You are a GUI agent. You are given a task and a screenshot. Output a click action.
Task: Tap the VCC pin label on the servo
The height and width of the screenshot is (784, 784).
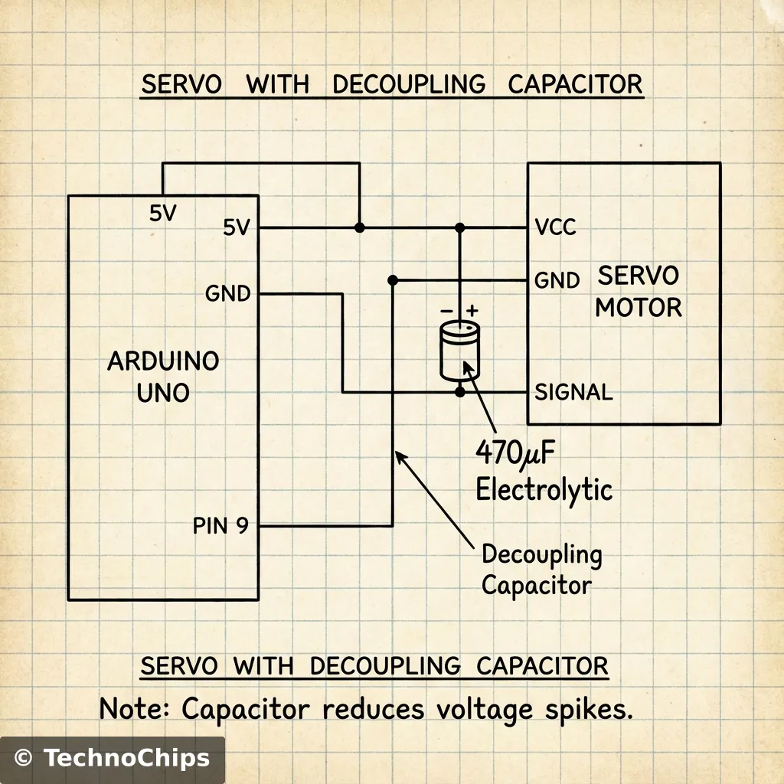click(556, 227)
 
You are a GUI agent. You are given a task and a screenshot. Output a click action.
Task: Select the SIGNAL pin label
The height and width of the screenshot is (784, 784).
click(573, 393)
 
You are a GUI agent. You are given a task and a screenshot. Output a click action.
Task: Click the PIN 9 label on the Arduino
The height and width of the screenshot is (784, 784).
click(220, 526)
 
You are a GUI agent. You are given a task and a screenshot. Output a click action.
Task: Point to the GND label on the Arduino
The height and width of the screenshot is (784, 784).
click(228, 293)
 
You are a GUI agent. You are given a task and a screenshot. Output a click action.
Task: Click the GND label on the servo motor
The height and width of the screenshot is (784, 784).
click(557, 280)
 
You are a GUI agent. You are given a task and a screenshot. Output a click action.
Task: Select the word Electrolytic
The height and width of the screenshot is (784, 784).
click(544, 488)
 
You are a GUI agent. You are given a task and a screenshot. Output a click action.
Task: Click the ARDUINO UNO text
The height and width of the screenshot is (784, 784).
click(163, 376)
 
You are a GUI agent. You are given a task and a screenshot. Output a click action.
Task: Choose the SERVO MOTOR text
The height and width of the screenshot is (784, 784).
click(638, 292)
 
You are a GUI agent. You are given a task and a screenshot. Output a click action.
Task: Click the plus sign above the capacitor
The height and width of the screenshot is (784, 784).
click(472, 310)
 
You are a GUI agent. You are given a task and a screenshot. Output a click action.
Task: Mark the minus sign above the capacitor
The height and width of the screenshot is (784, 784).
click(446, 311)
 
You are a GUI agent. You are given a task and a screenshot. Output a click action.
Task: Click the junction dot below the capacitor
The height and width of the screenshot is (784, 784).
click(459, 393)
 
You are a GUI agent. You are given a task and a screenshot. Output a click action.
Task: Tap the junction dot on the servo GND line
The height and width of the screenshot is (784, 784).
click(393, 280)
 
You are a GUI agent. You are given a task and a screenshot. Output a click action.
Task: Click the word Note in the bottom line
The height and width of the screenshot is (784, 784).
click(135, 708)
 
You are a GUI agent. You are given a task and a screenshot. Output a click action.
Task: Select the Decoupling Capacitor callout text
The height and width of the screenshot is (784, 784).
click(541, 570)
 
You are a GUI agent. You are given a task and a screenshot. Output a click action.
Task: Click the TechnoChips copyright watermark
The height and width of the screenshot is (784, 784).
click(112, 759)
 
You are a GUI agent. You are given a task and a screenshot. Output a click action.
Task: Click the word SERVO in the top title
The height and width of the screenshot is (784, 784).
click(181, 84)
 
